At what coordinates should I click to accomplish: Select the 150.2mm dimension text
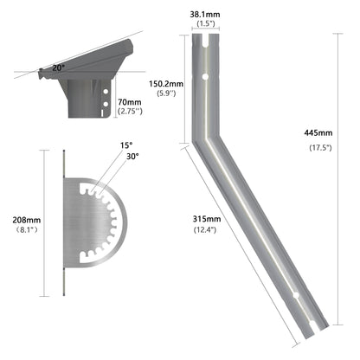click(x=165, y=84)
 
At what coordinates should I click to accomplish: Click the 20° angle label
click(x=58, y=67)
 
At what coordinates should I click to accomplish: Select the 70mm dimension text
click(x=130, y=102)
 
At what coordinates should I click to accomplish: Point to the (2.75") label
click(x=130, y=112)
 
